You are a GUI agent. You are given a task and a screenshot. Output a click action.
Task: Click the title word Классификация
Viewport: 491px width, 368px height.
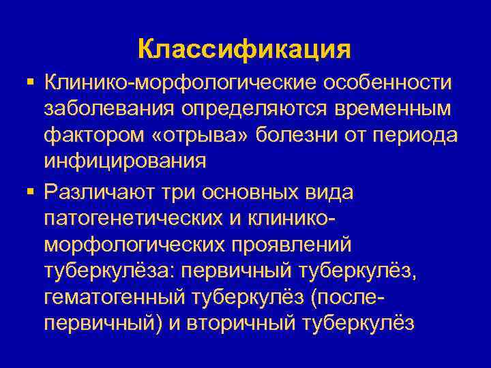(244, 49)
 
